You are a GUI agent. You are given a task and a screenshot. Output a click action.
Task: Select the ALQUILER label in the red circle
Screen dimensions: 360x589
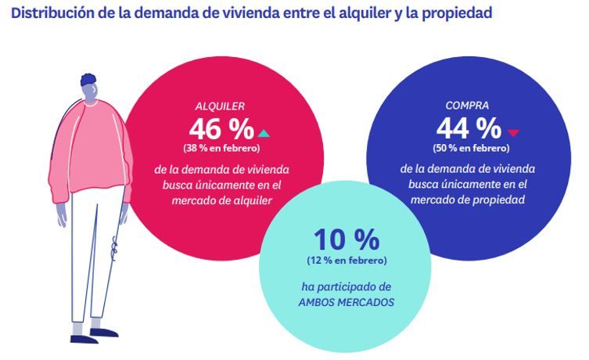[219, 106]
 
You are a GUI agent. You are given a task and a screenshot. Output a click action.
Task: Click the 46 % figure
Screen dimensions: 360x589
[221, 128]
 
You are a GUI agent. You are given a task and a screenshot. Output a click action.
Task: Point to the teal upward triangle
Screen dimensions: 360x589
[264, 131]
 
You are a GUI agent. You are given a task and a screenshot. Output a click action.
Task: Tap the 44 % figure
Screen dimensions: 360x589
[469, 128]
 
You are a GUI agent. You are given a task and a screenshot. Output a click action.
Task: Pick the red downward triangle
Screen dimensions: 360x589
[513, 131]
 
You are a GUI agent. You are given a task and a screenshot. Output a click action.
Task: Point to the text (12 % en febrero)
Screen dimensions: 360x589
[347, 260]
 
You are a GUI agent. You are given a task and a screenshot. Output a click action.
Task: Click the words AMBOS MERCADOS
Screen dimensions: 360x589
[347, 300]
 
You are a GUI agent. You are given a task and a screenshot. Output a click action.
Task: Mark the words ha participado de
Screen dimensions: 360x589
[347, 286]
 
